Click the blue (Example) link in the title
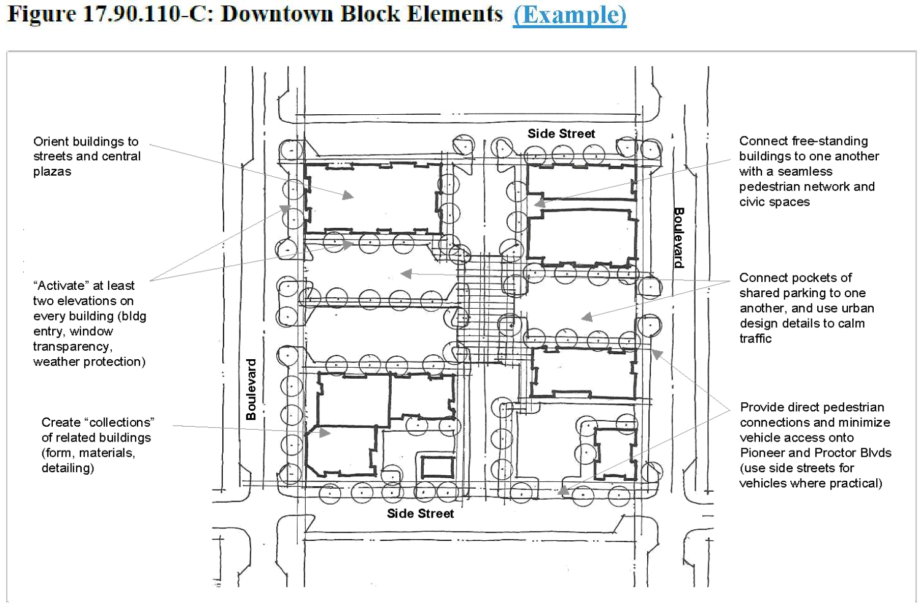click(569, 15)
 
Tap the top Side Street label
click(561, 134)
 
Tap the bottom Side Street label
click(420, 513)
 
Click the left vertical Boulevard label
click(251, 389)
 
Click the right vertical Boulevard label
click(678, 238)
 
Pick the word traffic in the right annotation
click(756, 338)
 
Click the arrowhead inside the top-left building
click(348, 195)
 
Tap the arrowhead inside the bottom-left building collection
click(325, 432)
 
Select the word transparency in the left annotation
click(73, 346)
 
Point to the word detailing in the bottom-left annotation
click(68, 468)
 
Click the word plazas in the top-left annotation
click(52, 172)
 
